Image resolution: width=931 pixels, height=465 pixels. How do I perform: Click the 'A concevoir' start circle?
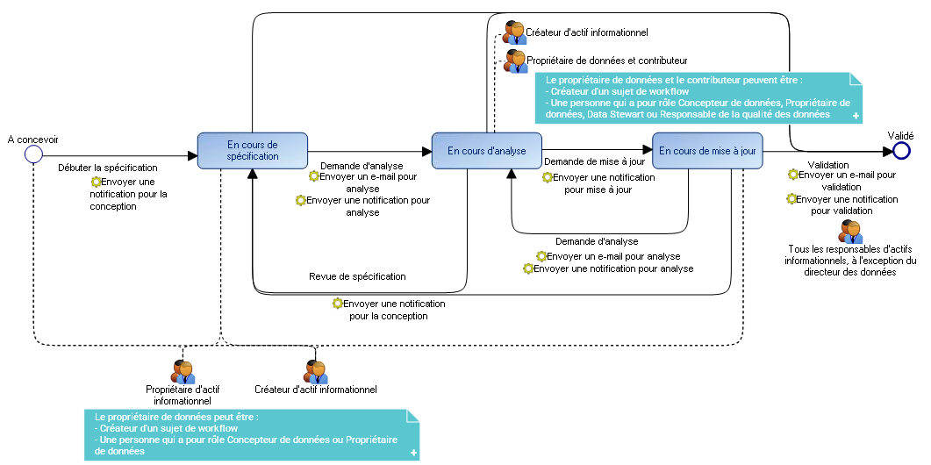click(x=33, y=154)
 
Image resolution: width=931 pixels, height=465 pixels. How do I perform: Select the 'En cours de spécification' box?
click(x=253, y=151)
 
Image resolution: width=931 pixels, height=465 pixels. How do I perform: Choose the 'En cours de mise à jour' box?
click(x=707, y=151)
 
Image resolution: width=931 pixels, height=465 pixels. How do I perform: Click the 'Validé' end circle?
click(x=901, y=152)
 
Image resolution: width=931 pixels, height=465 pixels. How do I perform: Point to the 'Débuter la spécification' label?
click(x=107, y=167)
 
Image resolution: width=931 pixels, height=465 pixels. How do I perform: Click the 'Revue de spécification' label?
click(x=357, y=276)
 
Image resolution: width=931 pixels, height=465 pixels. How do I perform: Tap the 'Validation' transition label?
click(x=827, y=165)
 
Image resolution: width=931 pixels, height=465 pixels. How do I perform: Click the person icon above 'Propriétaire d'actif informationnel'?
click(x=183, y=372)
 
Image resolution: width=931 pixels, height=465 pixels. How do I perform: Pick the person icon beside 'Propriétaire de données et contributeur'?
click(x=515, y=61)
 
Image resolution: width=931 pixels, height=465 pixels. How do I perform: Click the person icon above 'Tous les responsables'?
click(x=850, y=232)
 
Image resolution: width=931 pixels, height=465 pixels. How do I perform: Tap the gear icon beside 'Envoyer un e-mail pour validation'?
click(x=793, y=175)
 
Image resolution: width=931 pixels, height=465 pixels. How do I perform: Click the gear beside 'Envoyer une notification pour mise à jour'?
click(x=547, y=177)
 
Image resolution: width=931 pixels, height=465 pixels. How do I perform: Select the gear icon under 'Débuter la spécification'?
click(x=96, y=182)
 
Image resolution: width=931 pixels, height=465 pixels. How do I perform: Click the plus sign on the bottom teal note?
click(x=412, y=453)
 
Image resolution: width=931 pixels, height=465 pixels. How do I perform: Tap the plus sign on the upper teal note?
click(x=856, y=116)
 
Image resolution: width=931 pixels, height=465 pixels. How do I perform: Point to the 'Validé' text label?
click(x=900, y=136)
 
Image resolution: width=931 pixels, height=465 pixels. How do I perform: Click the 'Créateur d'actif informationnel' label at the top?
click(x=587, y=32)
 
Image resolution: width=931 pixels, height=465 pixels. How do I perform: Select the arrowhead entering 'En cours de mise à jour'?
click(x=647, y=151)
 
